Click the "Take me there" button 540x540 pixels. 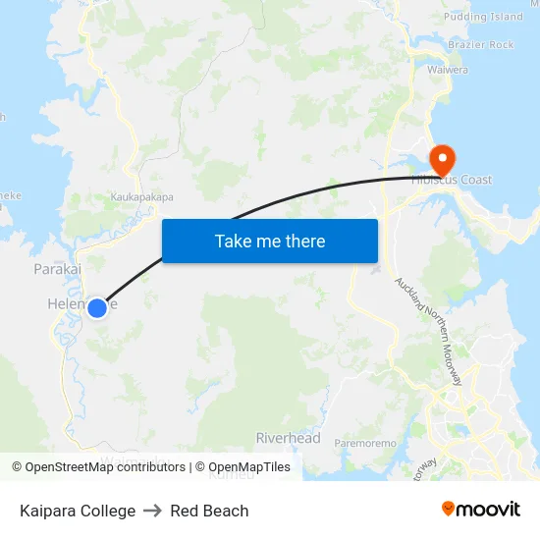(x=270, y=241)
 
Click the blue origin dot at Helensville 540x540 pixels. (x=96, y=308)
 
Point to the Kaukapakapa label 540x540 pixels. (x=141, y=197)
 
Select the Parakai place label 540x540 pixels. (x=57, y=268)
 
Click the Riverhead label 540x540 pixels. (x=288, y=438)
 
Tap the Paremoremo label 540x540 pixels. (x=365, y=444)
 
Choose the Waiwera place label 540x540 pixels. (x=448, y=70)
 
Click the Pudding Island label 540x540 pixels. (x=483, y=17)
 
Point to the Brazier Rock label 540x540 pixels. (x=480, y=45)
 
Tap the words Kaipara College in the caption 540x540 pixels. (x=78, y=511)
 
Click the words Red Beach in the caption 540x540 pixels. (x=209, y=511)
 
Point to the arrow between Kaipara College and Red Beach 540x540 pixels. (x=152, y=511)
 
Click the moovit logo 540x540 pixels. (x=480, y=510)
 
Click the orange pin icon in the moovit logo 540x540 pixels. (x=449, y=509)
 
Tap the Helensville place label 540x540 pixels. (x=69, y=304)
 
